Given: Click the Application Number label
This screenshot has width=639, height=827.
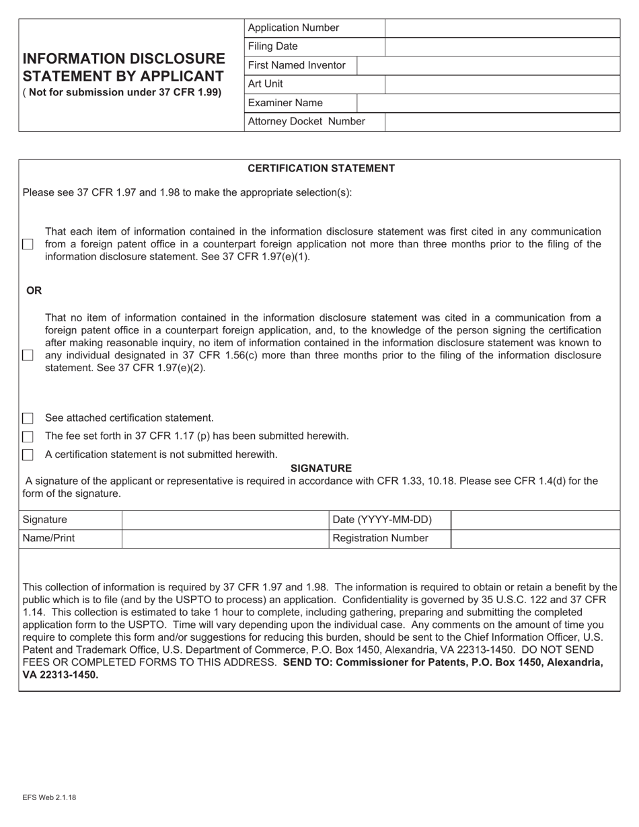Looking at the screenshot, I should tap(293, 28).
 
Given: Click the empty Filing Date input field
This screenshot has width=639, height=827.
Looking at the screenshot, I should tap(502, 47).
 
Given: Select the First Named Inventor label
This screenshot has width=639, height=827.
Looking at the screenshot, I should tap(297, 65).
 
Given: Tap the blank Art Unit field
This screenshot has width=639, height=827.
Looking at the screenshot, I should tap(502, 85).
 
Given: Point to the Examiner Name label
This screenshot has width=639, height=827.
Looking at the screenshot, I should tap(285, 103).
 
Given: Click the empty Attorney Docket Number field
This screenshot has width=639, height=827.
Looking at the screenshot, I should tap(502, 122).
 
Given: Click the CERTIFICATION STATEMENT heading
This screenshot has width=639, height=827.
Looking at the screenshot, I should tap(321, 168).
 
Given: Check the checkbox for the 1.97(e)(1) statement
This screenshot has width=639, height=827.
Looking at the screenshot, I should tap(28, 245).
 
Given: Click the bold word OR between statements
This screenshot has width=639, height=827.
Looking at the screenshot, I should tap(34, 290).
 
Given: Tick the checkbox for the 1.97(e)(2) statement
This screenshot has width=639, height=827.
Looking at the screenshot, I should tap(28, 355).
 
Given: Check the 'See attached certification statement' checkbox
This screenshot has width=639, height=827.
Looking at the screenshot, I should tap(28, 418).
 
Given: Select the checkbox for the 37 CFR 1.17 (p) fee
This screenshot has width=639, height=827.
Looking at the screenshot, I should tap(28, 436).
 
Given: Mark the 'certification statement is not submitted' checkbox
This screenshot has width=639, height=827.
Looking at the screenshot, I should tap(28, 455).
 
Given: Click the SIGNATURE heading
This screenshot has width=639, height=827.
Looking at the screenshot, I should tap(321, 468).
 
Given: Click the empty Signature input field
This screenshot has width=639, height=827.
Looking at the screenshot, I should tap(225, 520).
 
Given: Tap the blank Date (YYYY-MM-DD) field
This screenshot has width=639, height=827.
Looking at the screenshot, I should tap(535, 520).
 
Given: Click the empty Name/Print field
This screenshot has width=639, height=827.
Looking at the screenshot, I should tap(225, 539).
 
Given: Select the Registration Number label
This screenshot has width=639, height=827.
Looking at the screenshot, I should tap(380, 539).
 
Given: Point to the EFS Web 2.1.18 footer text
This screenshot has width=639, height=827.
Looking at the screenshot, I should tap(48, 797).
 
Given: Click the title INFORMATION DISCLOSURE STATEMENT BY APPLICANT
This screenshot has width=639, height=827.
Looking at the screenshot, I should tap(124, 67).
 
